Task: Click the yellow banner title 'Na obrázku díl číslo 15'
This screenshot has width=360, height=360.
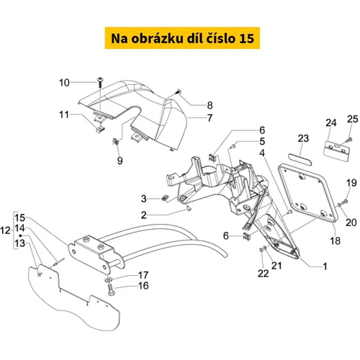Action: (182, 38)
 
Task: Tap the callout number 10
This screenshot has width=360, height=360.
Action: (64, 83)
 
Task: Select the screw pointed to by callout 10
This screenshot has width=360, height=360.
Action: (99, 82)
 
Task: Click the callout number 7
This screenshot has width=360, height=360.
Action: (210, 118)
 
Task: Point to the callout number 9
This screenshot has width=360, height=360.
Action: (120, 161)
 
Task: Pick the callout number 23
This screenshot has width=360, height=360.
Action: (303, 138)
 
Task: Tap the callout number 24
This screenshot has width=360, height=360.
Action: (331, 122)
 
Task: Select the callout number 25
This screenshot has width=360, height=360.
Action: (352, 119)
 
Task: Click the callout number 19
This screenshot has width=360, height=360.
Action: (351, 183)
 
